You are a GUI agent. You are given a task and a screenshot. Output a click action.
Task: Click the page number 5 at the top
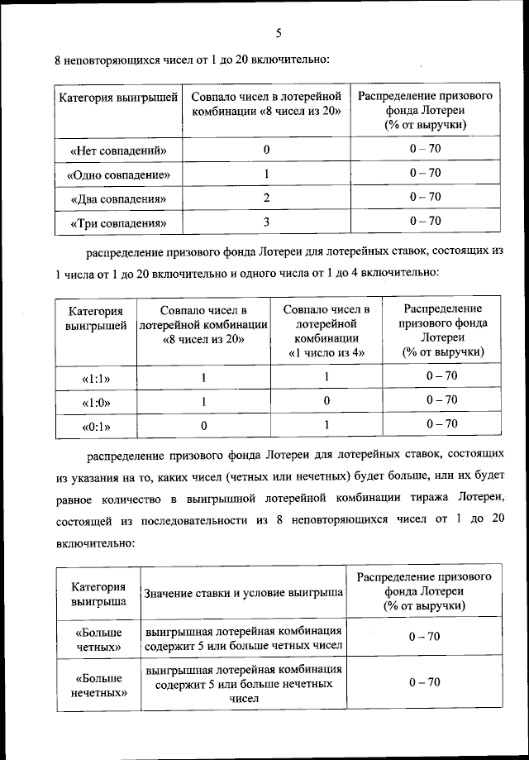click(279, 34)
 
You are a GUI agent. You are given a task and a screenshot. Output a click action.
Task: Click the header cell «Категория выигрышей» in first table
click(118, 98)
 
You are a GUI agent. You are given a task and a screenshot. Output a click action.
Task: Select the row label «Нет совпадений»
click(118, 151)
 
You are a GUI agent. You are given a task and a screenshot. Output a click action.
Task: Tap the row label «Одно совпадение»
click(118, 174)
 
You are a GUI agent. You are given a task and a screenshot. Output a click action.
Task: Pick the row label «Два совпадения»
click(118, 198)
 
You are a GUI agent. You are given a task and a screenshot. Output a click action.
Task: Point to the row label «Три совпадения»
click(118, 223)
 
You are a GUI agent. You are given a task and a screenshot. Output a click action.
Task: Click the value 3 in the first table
click(266, 222)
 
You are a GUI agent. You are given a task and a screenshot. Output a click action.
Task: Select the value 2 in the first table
click(266, 198)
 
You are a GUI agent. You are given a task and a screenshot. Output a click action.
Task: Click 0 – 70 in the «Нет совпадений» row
click(425, 149)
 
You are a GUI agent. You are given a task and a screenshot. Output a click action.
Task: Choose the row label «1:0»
click(96, 403)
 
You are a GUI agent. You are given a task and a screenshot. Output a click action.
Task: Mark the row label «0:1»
click(96, 427)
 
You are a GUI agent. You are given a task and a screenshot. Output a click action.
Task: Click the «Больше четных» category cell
click(98, 638)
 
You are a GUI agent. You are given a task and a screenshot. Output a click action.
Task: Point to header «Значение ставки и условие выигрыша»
click(244, 594)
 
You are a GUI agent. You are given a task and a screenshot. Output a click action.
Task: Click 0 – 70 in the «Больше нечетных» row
click(425, 682)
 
